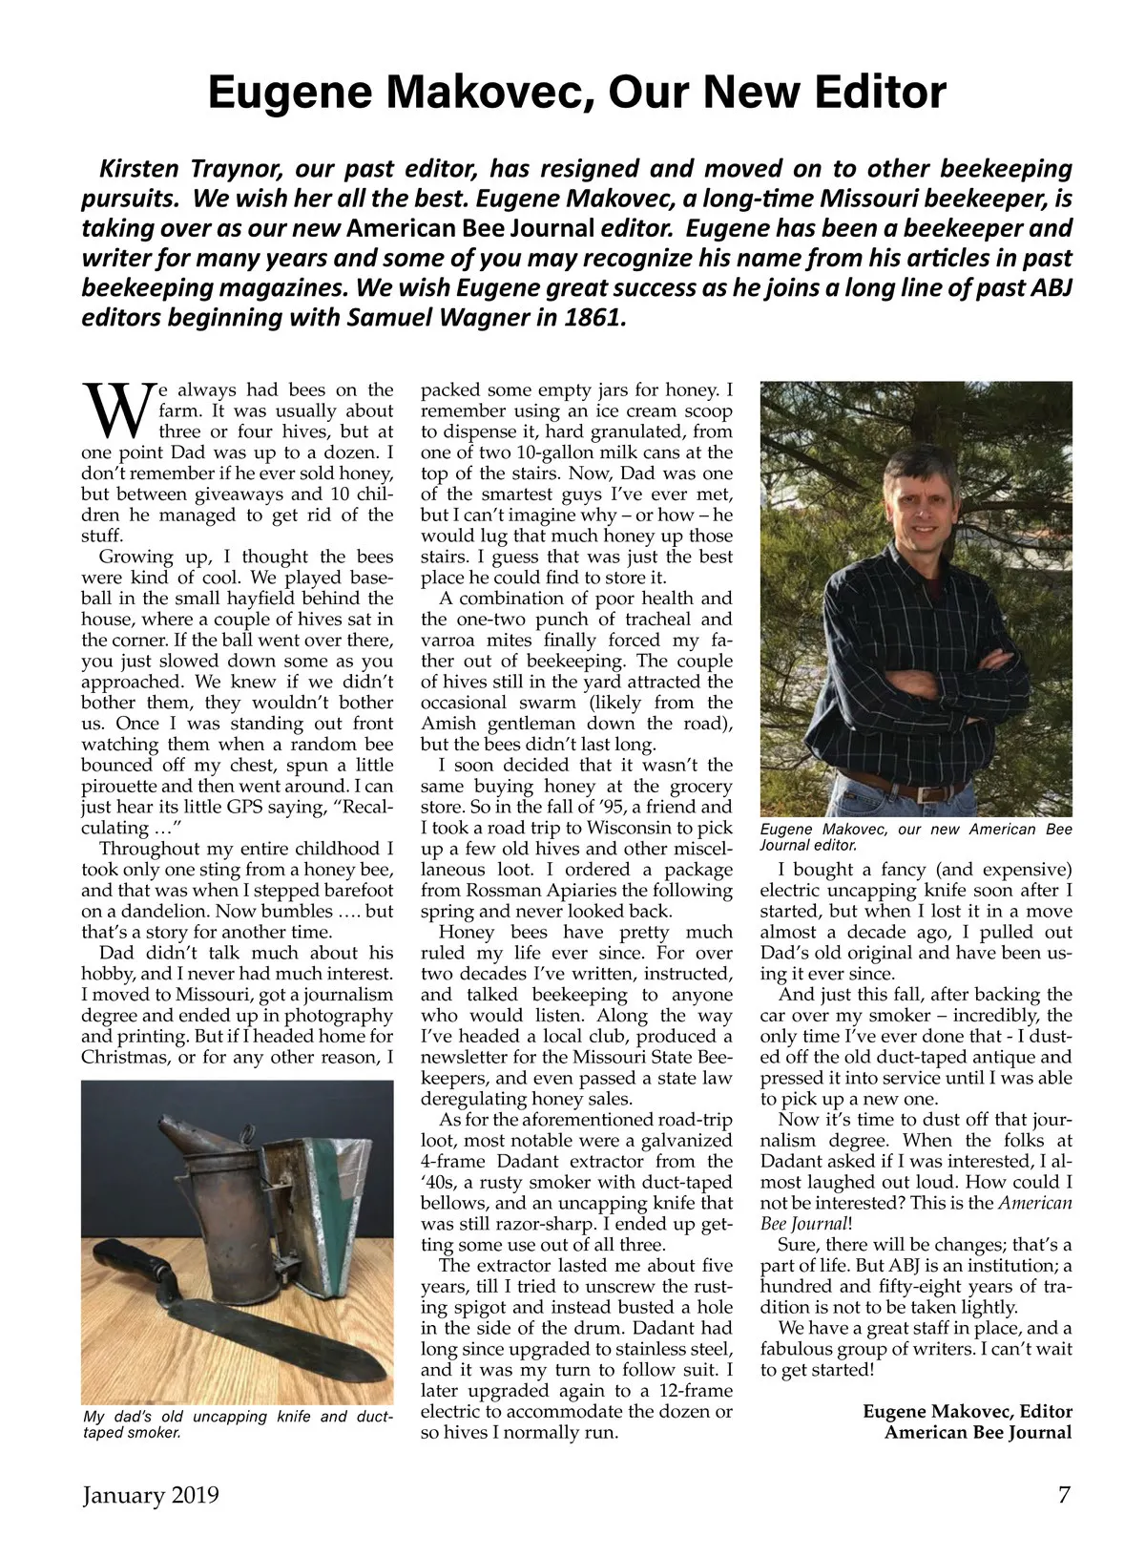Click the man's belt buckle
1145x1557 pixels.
[x=924, y=793]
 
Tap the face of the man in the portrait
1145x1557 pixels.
[x=917, y=502]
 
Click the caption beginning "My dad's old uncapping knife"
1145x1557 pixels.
[x=238, y=1423]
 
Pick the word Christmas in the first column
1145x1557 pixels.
[x=130, y=1057]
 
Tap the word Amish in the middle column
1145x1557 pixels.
[x=447, y=724]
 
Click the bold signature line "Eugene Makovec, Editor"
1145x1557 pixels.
[x=967, y=1411]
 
